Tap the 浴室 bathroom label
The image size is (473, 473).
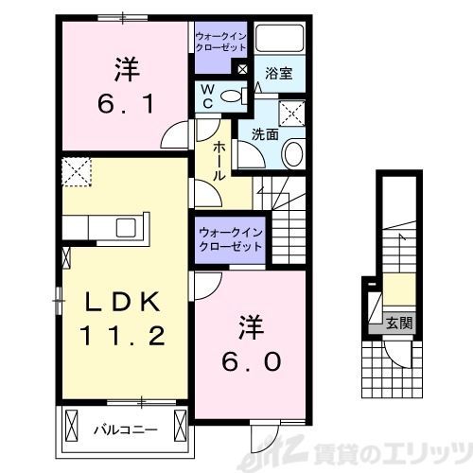coord(277,73)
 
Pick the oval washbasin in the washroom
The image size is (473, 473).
coord(293,154)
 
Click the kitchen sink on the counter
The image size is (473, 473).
coord(124,228)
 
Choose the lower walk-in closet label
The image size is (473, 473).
coord(230,238)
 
